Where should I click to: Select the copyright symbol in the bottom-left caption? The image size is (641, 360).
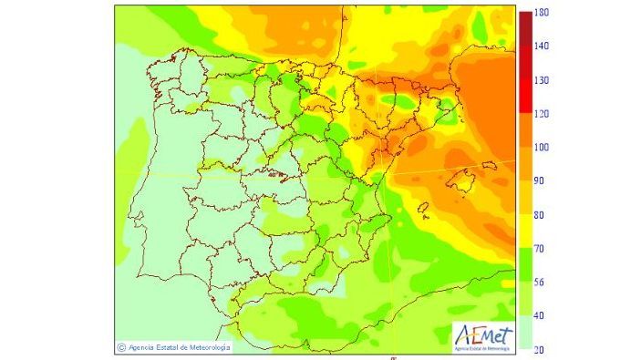click(x=121, y=346)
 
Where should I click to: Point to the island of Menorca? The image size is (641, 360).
click(x=491, y=165)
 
